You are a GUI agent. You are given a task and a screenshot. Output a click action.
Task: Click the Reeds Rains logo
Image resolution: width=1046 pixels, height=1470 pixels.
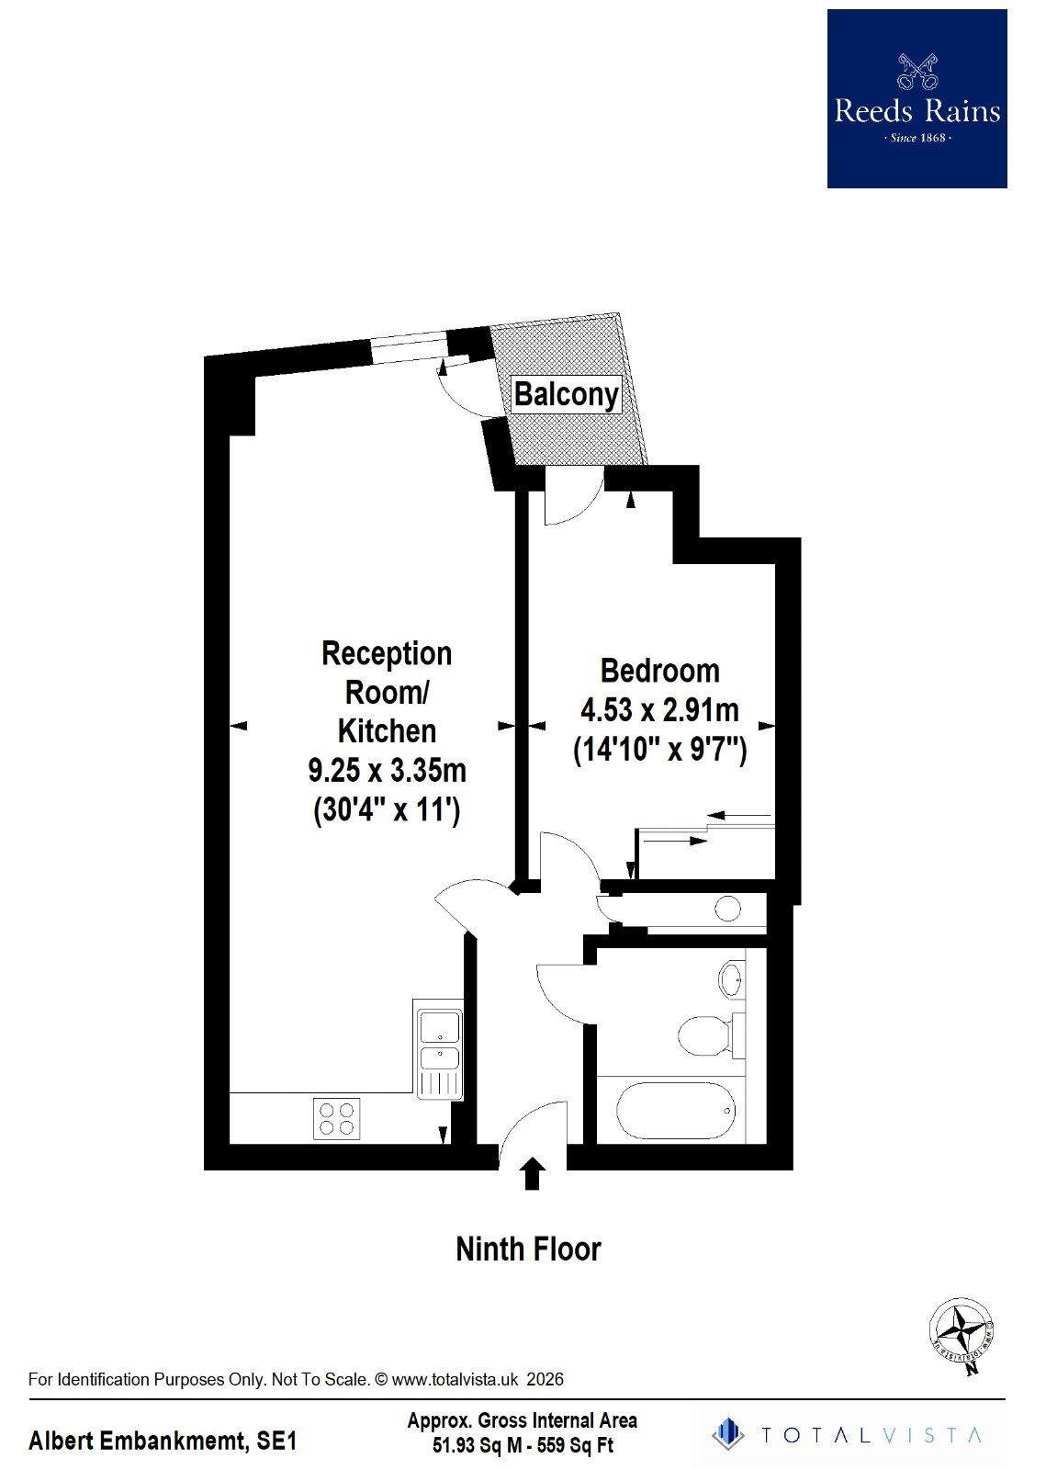pos(917,99)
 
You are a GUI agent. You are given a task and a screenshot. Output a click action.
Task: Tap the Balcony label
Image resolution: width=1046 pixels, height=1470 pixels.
pos(566,394)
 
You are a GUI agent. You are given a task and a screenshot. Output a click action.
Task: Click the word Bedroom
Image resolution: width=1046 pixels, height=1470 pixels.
pos(659,670)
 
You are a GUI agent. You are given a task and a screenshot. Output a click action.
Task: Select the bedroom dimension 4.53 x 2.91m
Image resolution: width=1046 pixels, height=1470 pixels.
pos(659,710)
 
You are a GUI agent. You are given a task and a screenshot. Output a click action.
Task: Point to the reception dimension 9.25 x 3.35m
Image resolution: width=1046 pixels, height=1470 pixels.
pos(387,770)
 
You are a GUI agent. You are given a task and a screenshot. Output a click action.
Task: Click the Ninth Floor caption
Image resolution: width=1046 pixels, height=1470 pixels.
pos(528,1249)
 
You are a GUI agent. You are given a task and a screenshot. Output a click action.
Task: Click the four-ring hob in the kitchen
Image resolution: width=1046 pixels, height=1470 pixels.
pos(336,1119)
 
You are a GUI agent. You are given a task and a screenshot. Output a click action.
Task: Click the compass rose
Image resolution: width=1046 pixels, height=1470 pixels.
pos(962,1334)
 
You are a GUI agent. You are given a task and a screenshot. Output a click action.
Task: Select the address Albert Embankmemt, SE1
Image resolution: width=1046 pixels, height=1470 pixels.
pos(163,1442)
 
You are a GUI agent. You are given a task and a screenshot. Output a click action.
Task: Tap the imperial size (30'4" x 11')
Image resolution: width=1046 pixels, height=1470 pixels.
pos(387,810)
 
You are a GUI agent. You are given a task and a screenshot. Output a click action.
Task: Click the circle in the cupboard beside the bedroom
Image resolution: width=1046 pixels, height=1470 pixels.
pos(727,909)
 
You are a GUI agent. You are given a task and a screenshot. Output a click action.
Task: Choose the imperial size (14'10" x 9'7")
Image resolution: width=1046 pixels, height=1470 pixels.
pos(659,751)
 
